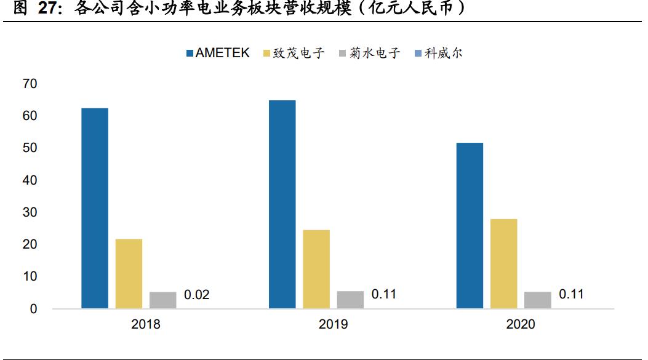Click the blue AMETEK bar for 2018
click(95, 208)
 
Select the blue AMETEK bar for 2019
click(282, 204)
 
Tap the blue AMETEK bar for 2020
click(470, 225)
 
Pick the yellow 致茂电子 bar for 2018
click(129, 273)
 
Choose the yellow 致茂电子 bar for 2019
click(316, 269)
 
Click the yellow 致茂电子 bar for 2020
click(504, 263)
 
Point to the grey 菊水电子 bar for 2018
click(163, 300)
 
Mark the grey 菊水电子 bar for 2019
click(350, 300)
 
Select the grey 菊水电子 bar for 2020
click(538, 300)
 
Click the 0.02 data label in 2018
click(197, 295)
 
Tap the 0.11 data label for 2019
click(384, 295)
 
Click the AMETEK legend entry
click(218, 53)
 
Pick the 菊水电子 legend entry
click(369, 53)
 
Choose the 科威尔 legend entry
click(438, 53)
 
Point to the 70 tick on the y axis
click(30, 84)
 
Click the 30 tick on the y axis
click(30, 212)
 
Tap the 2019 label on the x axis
click(333, 324)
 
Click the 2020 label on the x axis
click(521, 324)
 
